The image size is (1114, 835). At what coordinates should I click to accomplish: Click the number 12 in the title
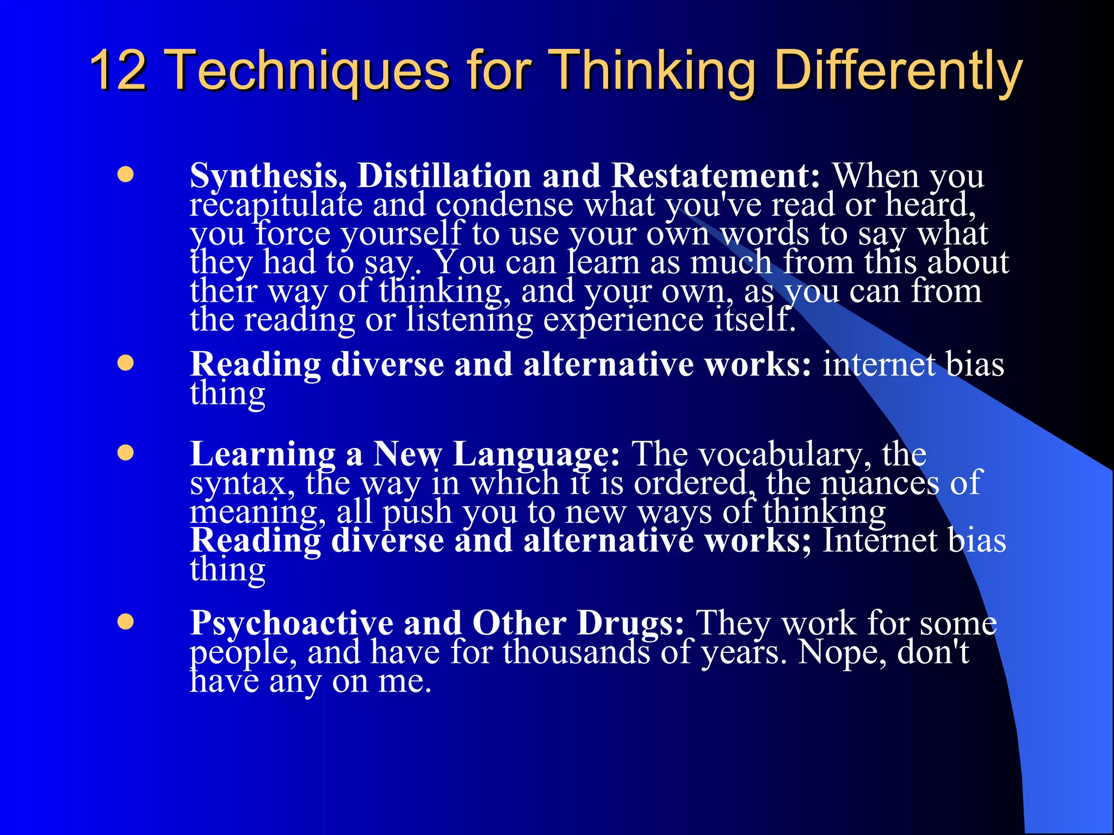tap(118, 71)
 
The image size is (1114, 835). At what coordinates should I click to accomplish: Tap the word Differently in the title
tap(898, 71)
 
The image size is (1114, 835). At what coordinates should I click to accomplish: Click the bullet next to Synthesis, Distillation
tap(126, 175)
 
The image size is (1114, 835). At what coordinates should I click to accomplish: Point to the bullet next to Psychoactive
tap(126, 621)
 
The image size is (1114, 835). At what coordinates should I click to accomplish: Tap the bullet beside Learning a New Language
tap(126, 453)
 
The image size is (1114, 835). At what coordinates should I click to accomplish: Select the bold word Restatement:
tap(716, 176)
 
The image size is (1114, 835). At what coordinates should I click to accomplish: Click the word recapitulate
tap(276, 205)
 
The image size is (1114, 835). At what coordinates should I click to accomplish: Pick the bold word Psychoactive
tap(291, 623)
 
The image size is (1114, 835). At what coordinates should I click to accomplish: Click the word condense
tap(504, 205)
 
